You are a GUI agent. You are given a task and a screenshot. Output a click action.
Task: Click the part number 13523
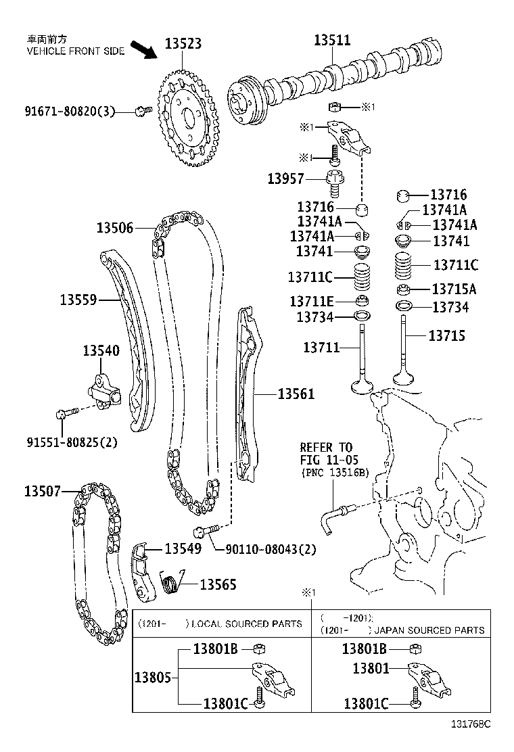183,43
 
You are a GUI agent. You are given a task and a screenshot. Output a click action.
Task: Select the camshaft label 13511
332,40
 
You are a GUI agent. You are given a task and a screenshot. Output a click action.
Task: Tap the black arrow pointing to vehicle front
143,51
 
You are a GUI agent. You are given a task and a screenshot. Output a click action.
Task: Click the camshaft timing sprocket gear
190,118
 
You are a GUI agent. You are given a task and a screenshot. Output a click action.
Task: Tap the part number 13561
296,393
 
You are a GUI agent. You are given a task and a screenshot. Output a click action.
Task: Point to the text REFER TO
327,447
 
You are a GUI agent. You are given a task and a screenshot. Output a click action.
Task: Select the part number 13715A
453,289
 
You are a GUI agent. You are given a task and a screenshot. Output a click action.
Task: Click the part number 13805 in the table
153,676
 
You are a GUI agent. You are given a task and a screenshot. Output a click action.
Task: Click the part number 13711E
311,301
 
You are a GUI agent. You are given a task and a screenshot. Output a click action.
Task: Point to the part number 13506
114,228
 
